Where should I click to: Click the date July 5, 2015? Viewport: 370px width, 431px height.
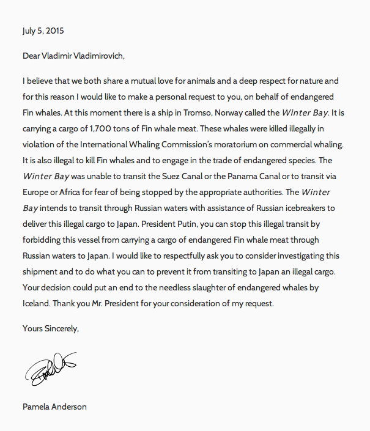pos(43,30)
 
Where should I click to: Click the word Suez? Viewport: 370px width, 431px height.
pos(180,176)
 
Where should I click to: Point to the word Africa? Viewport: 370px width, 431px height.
pos(72,192)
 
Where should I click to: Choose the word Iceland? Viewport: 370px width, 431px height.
pos(37,303)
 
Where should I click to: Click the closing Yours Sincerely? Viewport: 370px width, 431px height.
pos(51,328)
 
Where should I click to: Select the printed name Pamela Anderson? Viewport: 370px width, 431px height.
pos(54,407)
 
